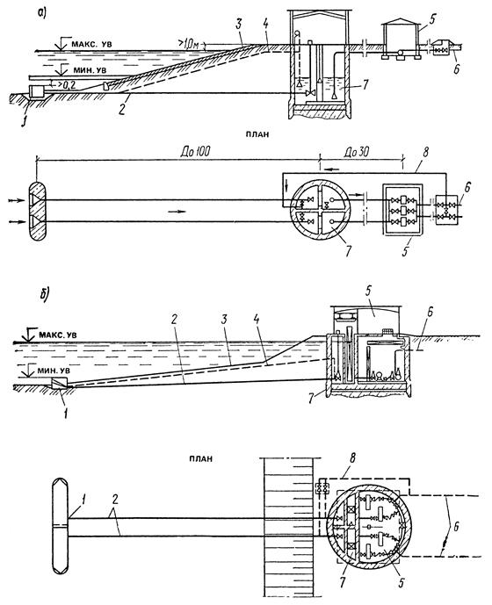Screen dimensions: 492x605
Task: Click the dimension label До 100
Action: (x=196, y=152)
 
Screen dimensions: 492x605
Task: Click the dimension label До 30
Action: (x=356, y=152)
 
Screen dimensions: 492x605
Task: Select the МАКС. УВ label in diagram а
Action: (x=91, y=45)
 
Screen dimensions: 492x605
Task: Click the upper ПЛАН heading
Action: (x=257, y=134)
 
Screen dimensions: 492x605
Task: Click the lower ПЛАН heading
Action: (x=201, y=459)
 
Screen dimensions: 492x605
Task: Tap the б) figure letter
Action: (x=44, y=293)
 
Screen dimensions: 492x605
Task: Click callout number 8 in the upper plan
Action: (x=425, y=152)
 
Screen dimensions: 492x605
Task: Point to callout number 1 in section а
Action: (x=24, y=123)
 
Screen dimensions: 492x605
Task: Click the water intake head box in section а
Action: (x=38, y=92)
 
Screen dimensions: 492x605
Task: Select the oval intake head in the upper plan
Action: (x=38, y=210)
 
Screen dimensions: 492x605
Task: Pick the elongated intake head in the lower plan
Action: (x=60, y=527)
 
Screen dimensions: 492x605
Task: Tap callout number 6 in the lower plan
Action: (x=456, y=527)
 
